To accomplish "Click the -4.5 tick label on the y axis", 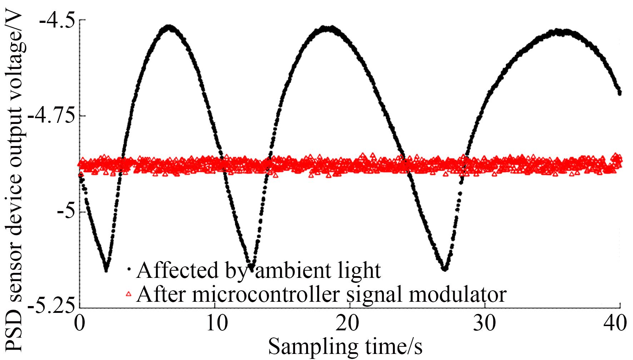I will tap(57, 20).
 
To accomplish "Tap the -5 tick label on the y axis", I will tap(66, 212).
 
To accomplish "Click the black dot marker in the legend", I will tap(129, 268).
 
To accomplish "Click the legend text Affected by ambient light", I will tap(258, 270).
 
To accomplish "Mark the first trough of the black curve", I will tap(106, 270).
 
